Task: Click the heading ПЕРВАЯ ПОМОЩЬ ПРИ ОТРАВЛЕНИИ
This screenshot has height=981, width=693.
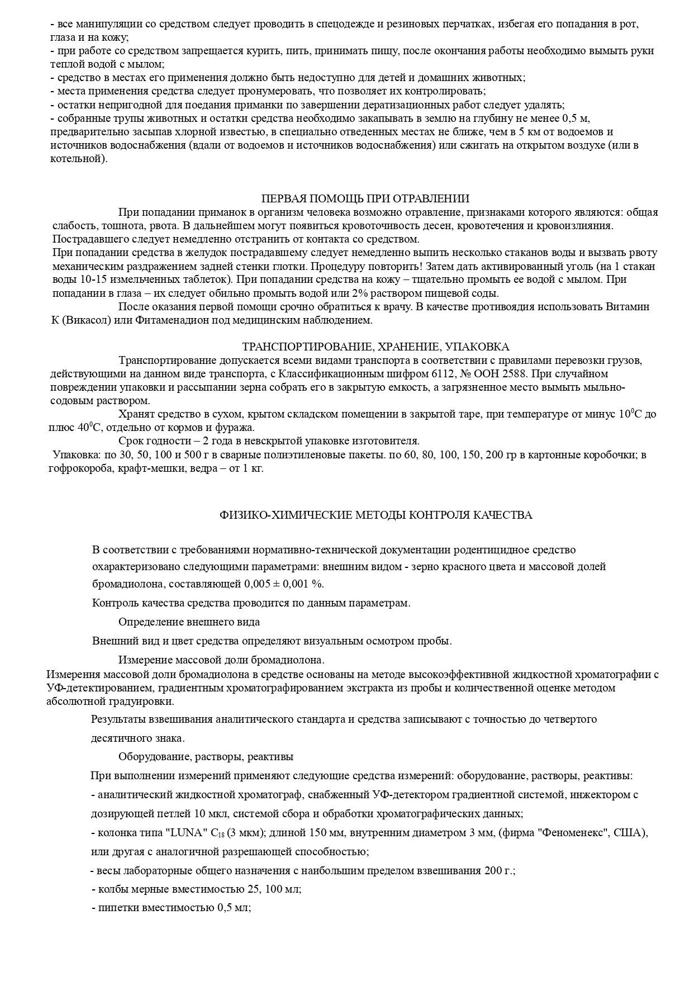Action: [x=365, y=198]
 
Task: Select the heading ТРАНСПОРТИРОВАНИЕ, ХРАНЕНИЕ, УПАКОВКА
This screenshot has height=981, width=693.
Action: [x=375, y=347]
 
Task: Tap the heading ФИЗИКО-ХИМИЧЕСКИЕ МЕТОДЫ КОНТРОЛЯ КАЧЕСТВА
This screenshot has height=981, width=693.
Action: [x=376, y=515]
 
